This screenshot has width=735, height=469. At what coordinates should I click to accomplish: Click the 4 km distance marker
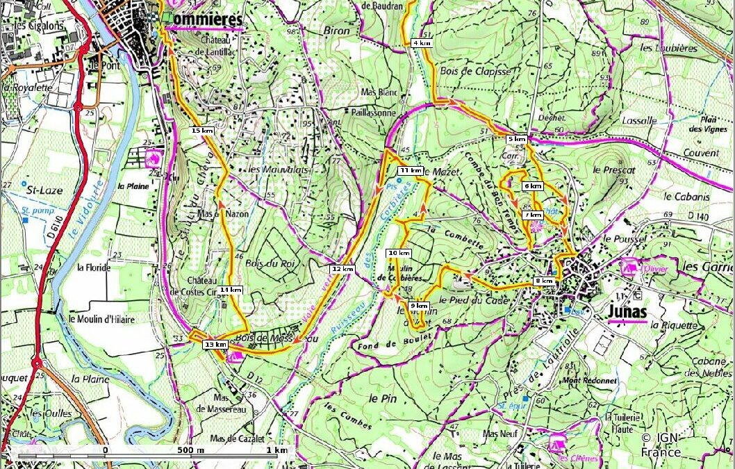coord(422,43)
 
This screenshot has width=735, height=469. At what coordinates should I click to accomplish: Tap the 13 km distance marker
coord(216,344)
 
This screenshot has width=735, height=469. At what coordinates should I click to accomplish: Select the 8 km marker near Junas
coord(544,281)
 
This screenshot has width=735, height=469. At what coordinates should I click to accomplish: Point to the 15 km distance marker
coord(202,131)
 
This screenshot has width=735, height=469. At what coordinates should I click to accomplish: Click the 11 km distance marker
coord(410,170)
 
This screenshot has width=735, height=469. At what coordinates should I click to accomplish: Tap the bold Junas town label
coord(627,312)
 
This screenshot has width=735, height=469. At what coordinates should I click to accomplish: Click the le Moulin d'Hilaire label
coord(101,318)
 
